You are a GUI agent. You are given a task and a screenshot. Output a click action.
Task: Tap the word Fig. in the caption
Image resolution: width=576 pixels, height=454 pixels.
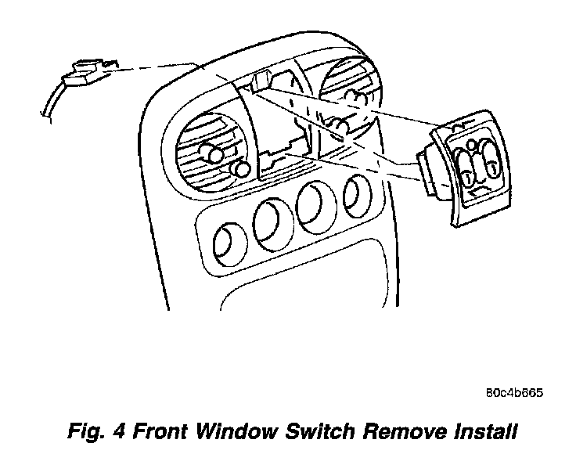(x=84, y=431)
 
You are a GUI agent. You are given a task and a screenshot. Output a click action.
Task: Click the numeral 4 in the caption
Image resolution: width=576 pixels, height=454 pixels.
(x=121, y=431)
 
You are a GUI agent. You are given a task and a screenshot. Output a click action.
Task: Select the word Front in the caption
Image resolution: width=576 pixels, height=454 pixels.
(x=161, y=431)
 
